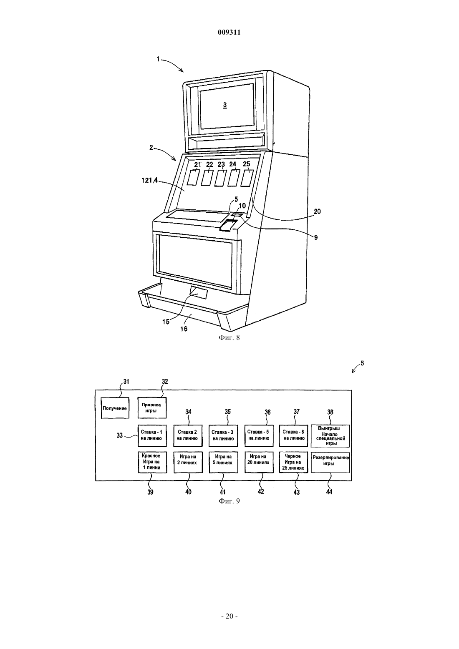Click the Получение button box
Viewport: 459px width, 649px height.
115,408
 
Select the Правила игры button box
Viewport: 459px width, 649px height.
151,408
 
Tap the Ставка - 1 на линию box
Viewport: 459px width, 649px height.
152,435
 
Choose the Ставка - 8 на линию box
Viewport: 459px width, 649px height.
293,435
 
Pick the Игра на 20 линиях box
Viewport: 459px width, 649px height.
259,462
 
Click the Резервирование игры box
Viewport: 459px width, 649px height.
330,462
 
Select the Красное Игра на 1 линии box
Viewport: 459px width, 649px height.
152,462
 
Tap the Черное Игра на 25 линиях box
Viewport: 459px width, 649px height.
293,462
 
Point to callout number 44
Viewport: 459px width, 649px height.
329,492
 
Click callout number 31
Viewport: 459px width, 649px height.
126,382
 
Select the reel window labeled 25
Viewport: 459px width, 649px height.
247,178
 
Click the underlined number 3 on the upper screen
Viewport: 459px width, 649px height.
225,105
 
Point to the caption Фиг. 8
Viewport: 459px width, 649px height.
229,337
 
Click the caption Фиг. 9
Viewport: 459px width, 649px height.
229,501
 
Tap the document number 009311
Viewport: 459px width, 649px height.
229,33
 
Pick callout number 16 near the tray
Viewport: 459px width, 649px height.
184,329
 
